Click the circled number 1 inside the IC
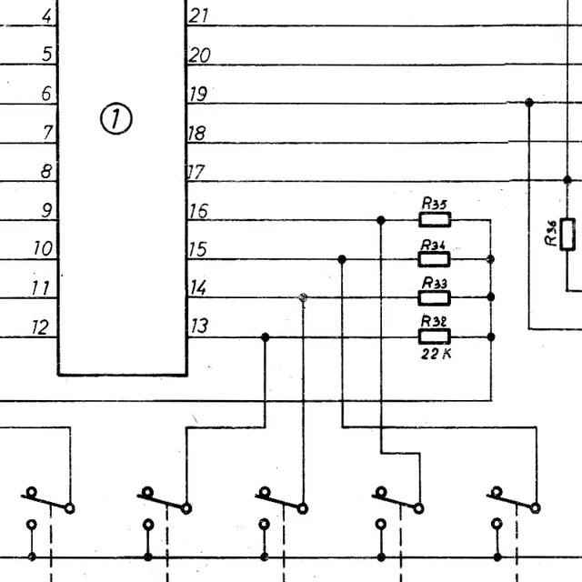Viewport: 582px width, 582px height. click(116, 119)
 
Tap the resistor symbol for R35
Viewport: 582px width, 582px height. click(435, 219)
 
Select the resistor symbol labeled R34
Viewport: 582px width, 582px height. click(435, 259)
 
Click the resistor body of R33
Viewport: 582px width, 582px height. click(435, 297)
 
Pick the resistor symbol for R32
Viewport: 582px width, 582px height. click(435, 336)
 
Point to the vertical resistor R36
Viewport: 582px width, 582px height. click(568, 235)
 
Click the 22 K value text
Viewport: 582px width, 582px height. click(435, 355)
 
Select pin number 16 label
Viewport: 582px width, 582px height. click(198, 211)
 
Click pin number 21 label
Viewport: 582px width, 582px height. click(198, 15)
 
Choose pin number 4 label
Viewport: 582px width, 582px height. click(47, 15)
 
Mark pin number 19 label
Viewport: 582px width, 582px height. click(198, 94)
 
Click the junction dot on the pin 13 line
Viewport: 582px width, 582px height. click(265, 337)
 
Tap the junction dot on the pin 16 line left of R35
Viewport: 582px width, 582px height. click(381, 219)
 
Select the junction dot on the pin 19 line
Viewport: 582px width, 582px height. click(528, 103)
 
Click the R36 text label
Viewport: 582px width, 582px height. click(551, 235)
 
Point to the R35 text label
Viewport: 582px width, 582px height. click(435, 203)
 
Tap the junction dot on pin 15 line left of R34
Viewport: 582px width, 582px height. click(342, 259)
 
